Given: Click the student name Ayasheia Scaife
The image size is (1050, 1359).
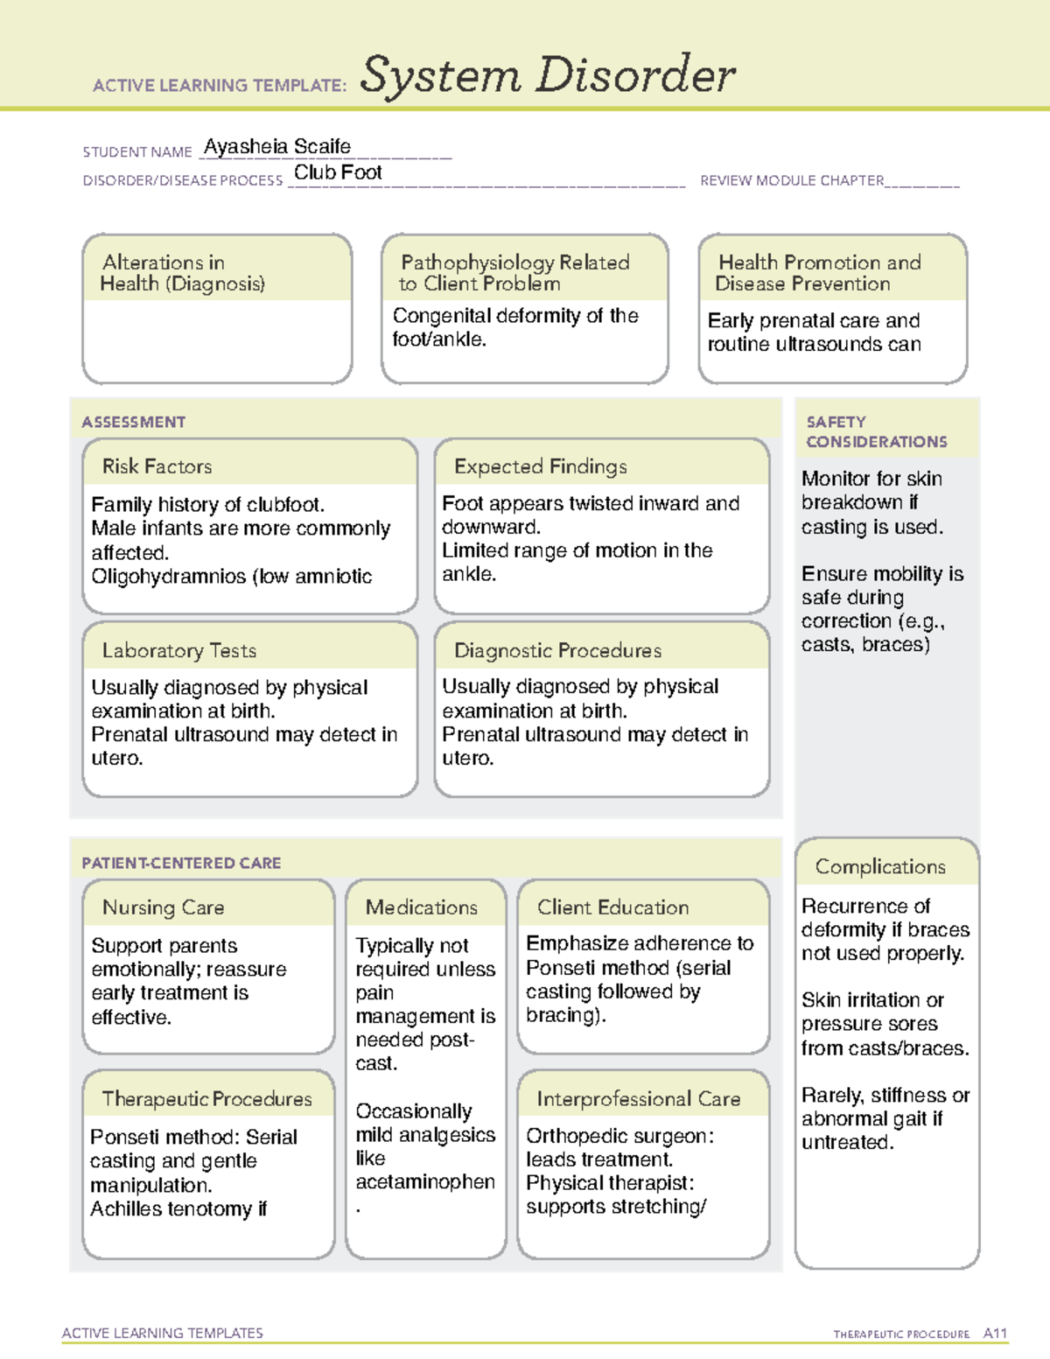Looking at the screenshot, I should (x=277, y=146).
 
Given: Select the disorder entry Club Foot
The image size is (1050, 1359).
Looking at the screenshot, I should (x=338, y=172).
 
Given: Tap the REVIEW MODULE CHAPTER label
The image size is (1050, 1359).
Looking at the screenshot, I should (x=792, y=180).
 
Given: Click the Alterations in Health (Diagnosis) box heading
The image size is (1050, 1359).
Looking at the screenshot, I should (x=182, y=273).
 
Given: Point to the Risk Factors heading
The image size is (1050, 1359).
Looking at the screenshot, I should (x=157, y=466).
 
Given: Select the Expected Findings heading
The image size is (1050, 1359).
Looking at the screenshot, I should (x=540, y=466).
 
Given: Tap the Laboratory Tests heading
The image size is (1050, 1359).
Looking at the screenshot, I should (x=178, y=650).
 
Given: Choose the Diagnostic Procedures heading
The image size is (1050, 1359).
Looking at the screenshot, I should (x=557, y=650).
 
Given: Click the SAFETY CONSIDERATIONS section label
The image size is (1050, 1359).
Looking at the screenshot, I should (x=876, y=431).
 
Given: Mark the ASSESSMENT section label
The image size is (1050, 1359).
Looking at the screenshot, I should (x=133, y=422).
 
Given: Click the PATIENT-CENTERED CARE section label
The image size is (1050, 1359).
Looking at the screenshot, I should (x=181, y=863).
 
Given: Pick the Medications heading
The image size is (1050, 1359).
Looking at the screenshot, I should (x=421, y=907).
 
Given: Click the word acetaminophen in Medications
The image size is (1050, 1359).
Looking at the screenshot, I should (x=425, y=1181).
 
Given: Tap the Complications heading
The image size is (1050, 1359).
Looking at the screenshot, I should (x=879, y=866).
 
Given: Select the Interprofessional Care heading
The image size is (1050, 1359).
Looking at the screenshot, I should (x=638, y=1098).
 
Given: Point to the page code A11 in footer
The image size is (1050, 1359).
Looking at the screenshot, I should (x=995, y=1333).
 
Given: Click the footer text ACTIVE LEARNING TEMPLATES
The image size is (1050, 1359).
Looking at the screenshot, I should (x=162, y=1333).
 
